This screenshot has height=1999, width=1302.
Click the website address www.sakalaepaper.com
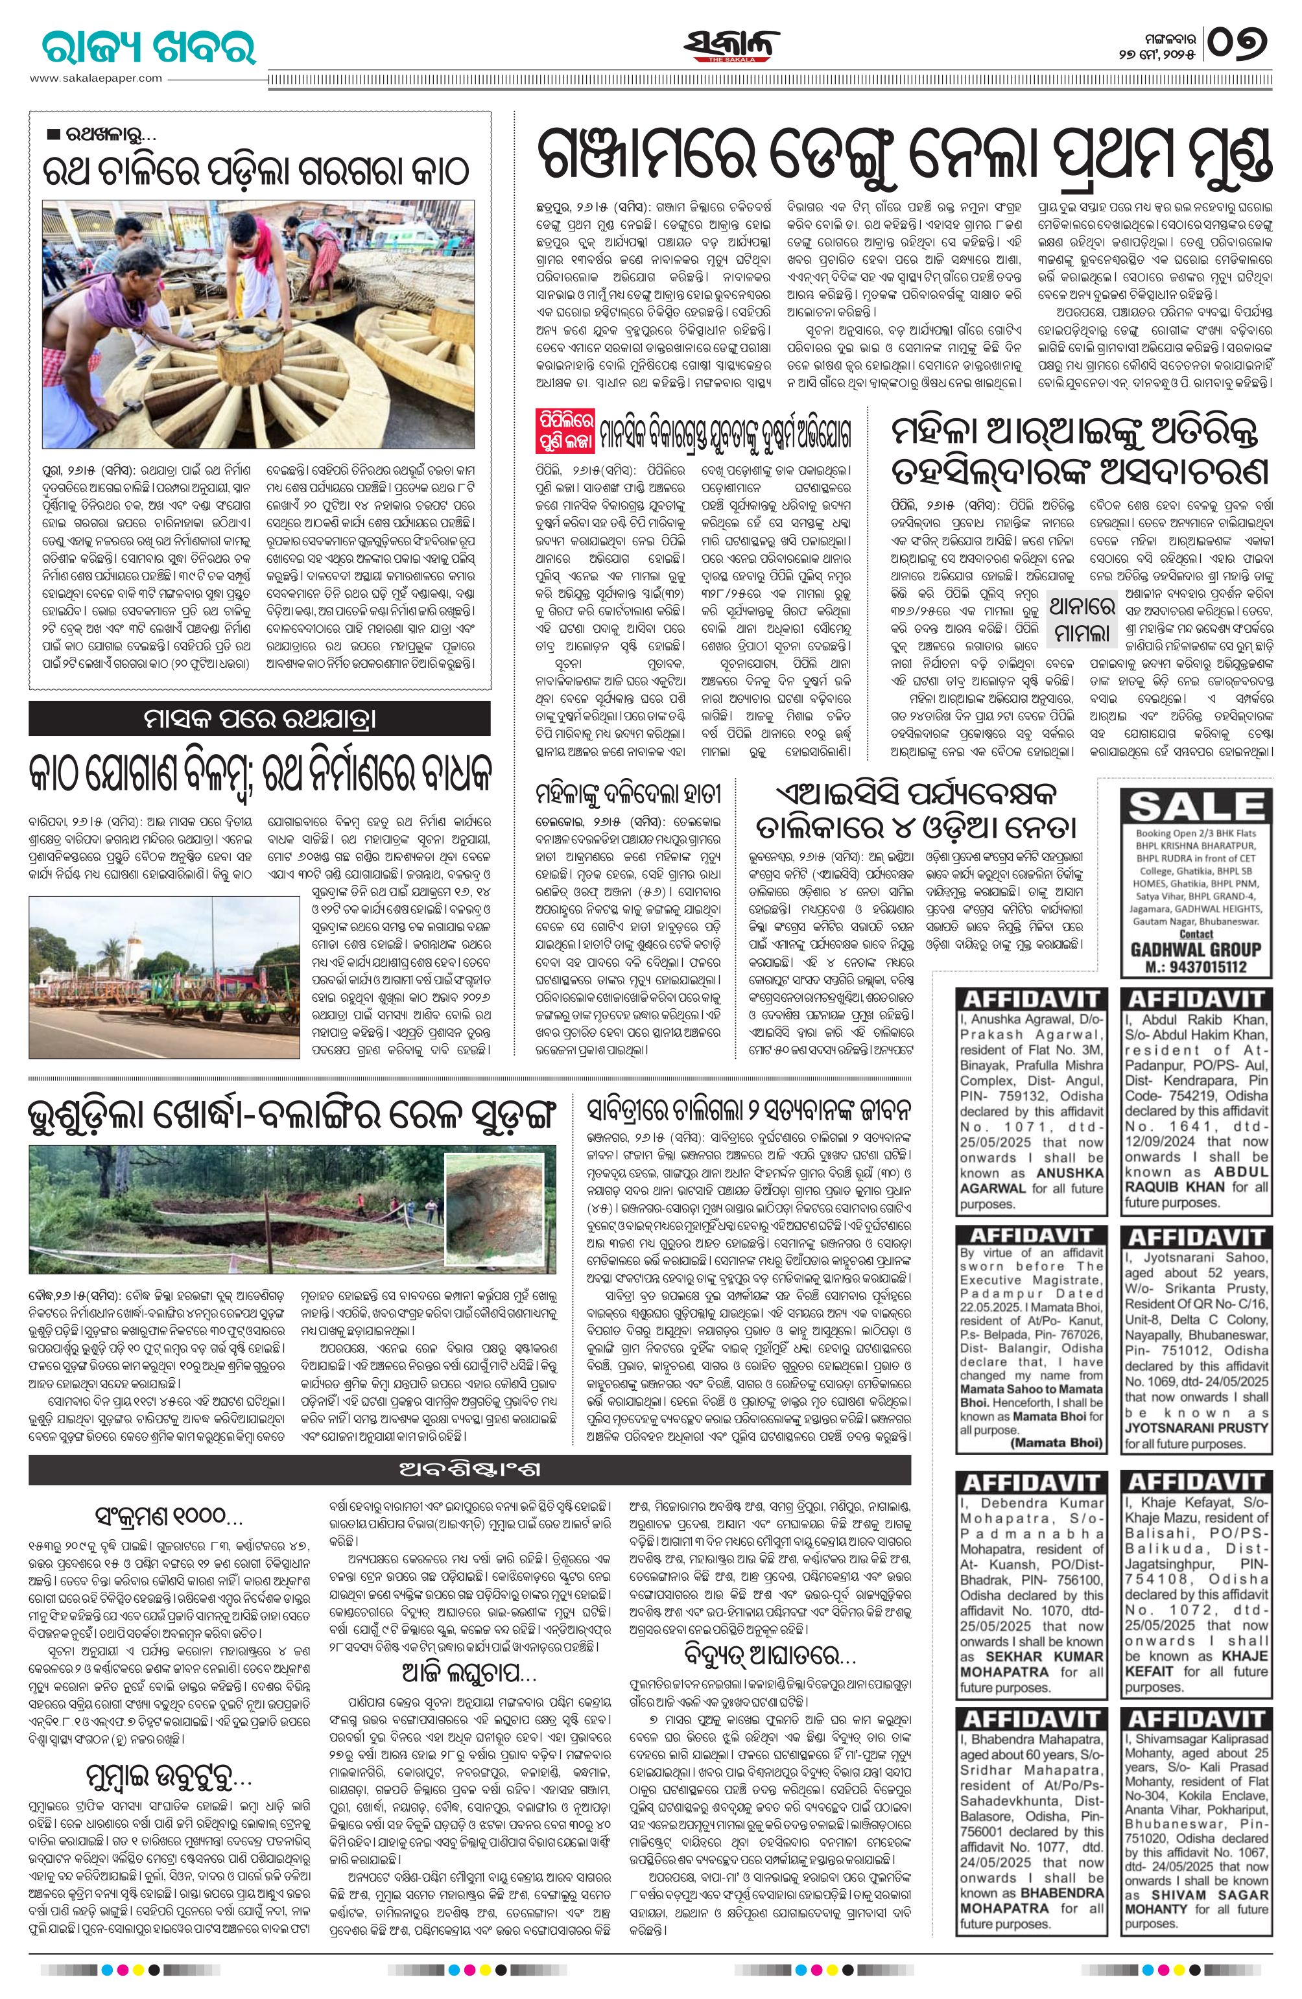click(97, 78)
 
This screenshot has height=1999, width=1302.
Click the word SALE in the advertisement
click(1195, 807)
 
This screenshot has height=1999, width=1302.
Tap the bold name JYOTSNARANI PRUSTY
click(1196, 1428)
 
